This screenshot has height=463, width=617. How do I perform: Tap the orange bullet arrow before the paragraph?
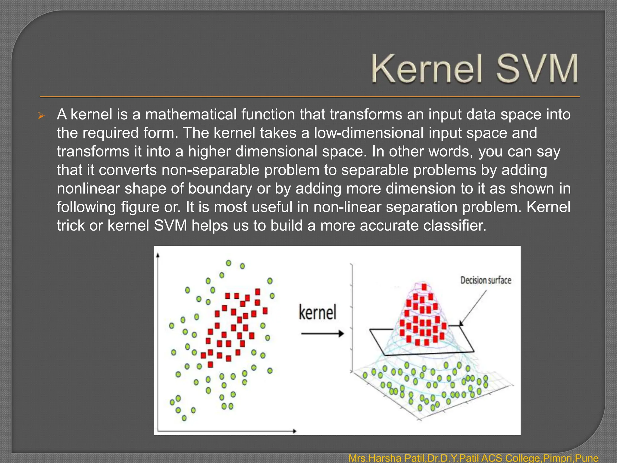click(42, 116)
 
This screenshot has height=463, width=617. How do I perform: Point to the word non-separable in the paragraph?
click(210, 170)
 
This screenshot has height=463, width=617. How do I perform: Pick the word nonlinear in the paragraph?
click(88, 189)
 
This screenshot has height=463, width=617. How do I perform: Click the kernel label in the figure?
click(318, 312)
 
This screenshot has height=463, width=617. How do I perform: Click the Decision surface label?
click(486, 280)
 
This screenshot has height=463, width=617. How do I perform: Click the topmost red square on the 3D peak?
click(424, 287)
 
